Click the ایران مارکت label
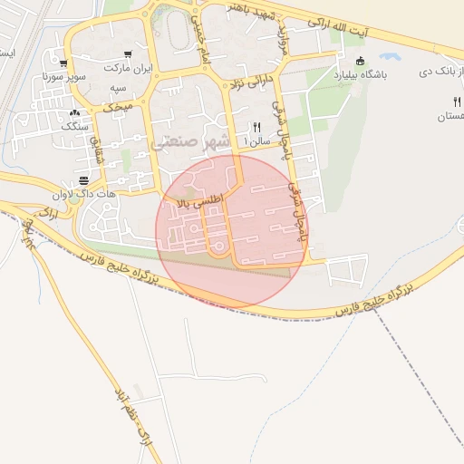[x=125, y=69]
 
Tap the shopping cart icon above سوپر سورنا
[x=63, y=63]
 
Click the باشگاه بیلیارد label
[x=360, y=76]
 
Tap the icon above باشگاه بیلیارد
[x=360, y=62]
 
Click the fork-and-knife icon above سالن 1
[x=257, y=128]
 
